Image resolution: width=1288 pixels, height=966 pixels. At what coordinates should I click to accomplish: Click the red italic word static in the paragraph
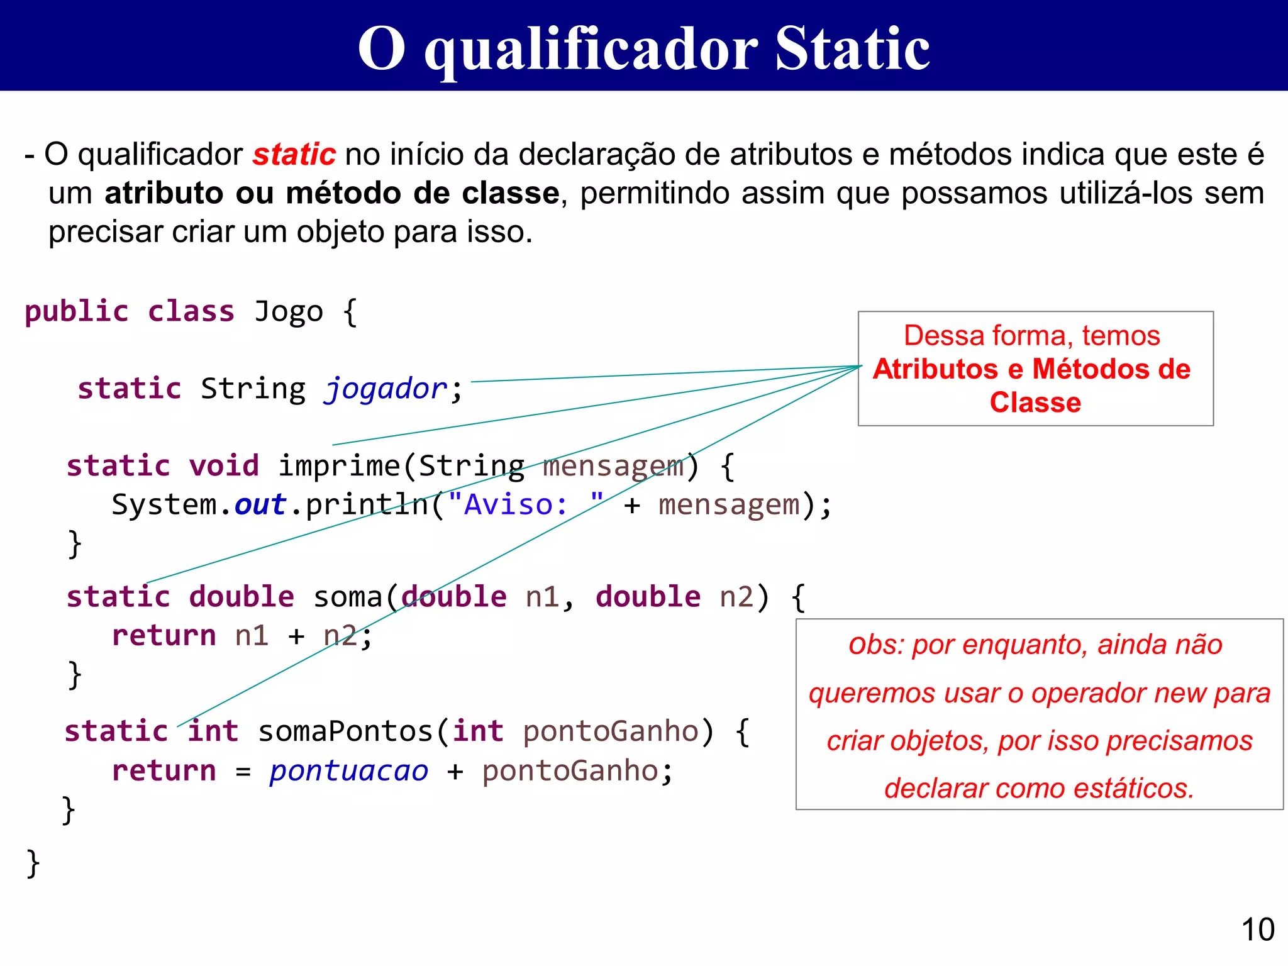pyautogui.click(x=294, y=155)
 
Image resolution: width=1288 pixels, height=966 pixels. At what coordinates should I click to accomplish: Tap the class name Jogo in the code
pyautogui.click(x=289, y=312)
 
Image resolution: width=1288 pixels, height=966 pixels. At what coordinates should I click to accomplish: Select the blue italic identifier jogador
pyautogui.click(x=386, y=389)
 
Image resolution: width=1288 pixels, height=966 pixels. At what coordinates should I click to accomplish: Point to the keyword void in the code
pyautogui.click(x=224, y=466)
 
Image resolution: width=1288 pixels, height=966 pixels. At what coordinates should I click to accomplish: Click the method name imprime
pyautogui.click(x=339, y=466)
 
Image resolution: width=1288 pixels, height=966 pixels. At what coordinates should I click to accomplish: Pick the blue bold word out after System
pyautogui.click(x=260, y=505)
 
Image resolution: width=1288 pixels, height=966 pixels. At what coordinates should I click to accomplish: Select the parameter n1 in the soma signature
pyautogui.click(x=543, y=597)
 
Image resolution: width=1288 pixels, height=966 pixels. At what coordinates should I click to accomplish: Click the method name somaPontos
pyautogui.click(x=346, y=731)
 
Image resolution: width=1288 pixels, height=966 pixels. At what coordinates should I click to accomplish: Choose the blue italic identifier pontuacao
pyautogui.click(x=349, y=771)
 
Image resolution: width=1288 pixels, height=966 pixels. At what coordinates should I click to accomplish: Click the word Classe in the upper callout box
pyautogui.click(x=1035, y=402)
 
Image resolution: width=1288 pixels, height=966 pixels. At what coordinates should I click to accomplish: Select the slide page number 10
pyautogui.click(x=1258, y=930)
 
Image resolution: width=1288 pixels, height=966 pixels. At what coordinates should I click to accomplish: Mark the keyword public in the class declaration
pyautogui.click(x=77, y=312)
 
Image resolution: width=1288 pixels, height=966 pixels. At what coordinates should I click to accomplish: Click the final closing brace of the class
pyautogui.click(x=33, y=863)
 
